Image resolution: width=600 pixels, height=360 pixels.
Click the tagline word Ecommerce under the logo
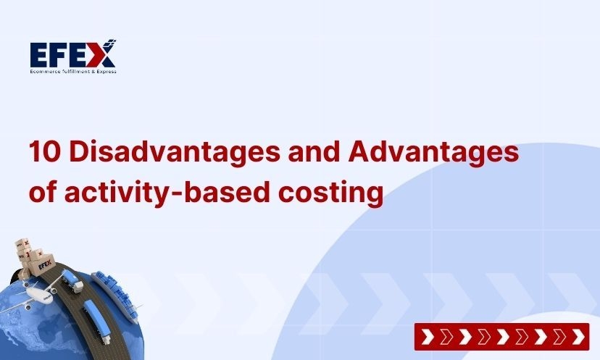pyautogui.click(x=45, y=70)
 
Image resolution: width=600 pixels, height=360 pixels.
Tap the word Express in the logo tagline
pyautogui.click(x=104, y=70)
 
